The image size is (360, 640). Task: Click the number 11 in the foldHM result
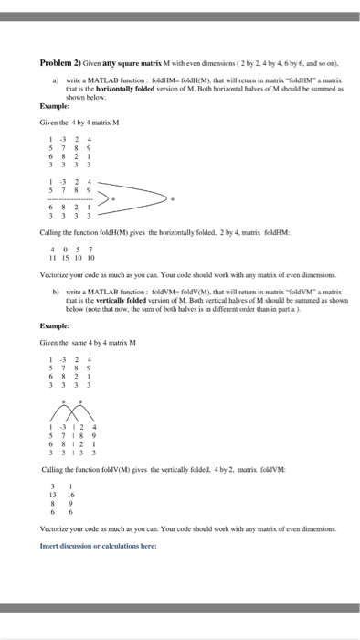54,257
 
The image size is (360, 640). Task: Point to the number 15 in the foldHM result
66,257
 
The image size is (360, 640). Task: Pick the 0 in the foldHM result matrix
66,249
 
